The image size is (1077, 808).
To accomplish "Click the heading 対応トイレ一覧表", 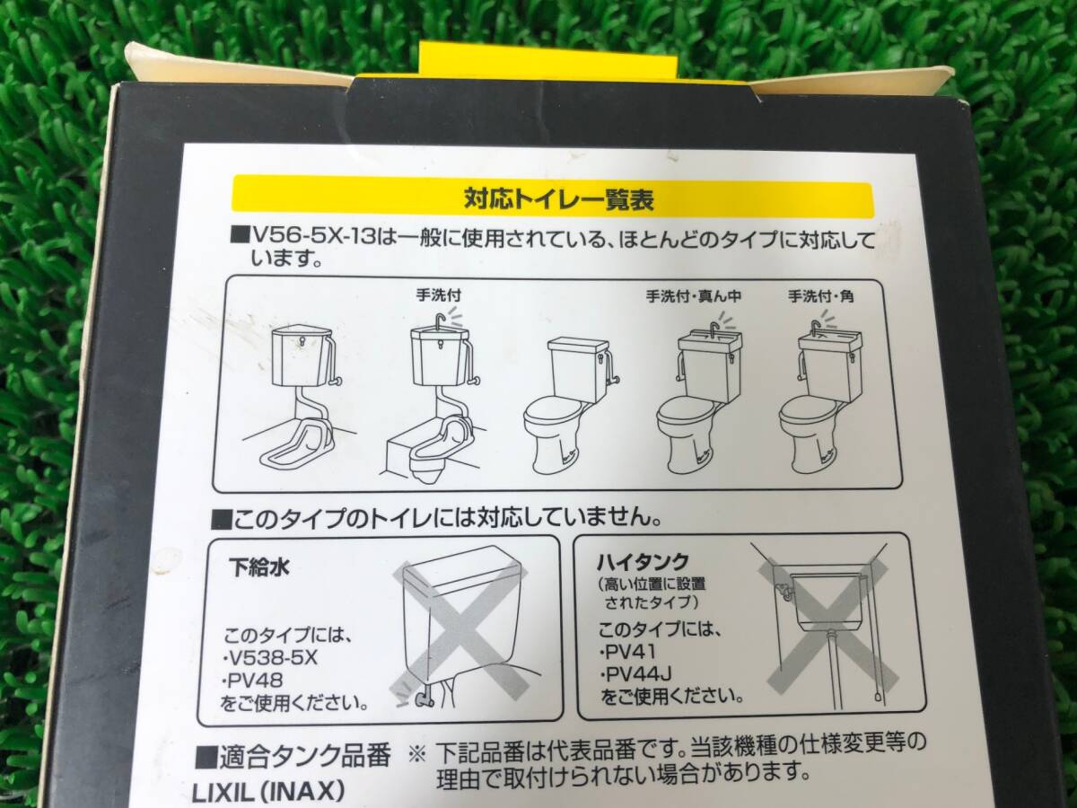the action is click(558, 200).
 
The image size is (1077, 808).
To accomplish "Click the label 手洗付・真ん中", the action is click(693, 297).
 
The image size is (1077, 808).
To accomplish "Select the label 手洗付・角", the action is click(820, 297).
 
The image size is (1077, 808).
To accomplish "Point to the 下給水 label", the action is click(258, 568).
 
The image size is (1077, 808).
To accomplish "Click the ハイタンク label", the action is click(643, 563).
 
